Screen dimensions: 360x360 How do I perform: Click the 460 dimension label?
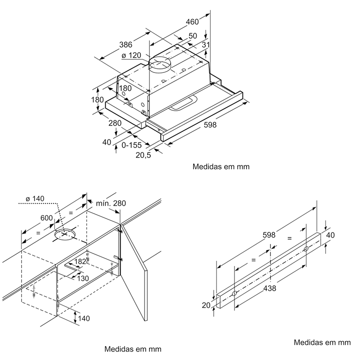pos(192,22)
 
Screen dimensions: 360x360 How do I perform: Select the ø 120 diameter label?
pos(131,55)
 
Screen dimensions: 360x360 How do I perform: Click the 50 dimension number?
pos(193,36)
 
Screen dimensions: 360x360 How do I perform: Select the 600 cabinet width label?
pos(47,218)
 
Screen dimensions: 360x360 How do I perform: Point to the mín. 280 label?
pos(111,203)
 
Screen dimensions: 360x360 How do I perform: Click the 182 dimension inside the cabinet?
pos(81,261)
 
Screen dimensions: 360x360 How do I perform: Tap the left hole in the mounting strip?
pos(234,293)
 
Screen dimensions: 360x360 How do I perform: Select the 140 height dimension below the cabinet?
pos(84,319)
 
